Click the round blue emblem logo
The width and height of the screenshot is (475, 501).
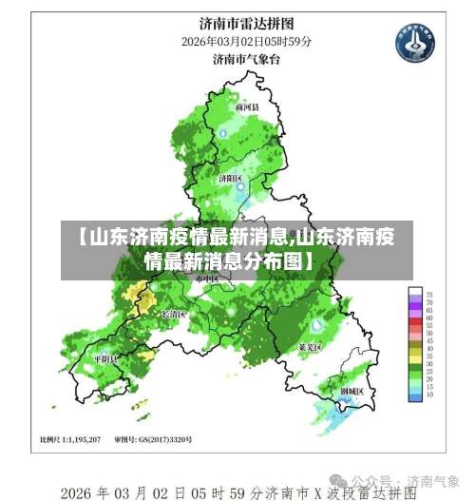pos(413,44)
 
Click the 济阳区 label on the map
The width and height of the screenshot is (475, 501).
pos(231,178)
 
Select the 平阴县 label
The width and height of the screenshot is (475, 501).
pos(104,359)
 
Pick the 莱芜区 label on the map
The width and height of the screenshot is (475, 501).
pos(311,348)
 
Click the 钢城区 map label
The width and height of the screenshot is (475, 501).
pos(351,390)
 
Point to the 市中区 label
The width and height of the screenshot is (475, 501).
pos(207,280)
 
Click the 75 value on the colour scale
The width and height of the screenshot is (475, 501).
pos(429,296)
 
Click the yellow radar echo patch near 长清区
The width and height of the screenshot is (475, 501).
pos(144,302)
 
